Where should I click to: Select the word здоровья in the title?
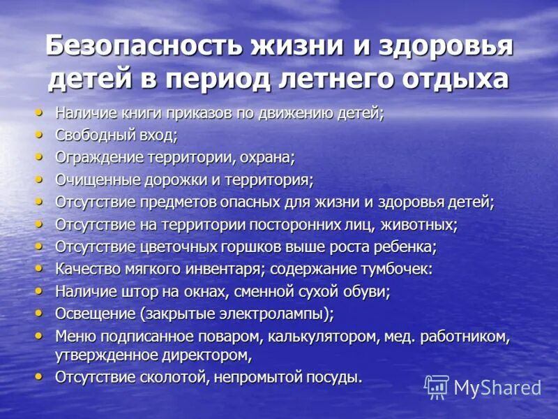[446, 47]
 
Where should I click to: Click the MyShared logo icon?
[437, 387]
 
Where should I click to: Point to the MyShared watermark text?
[497, 388]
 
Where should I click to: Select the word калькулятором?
[319, 337]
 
